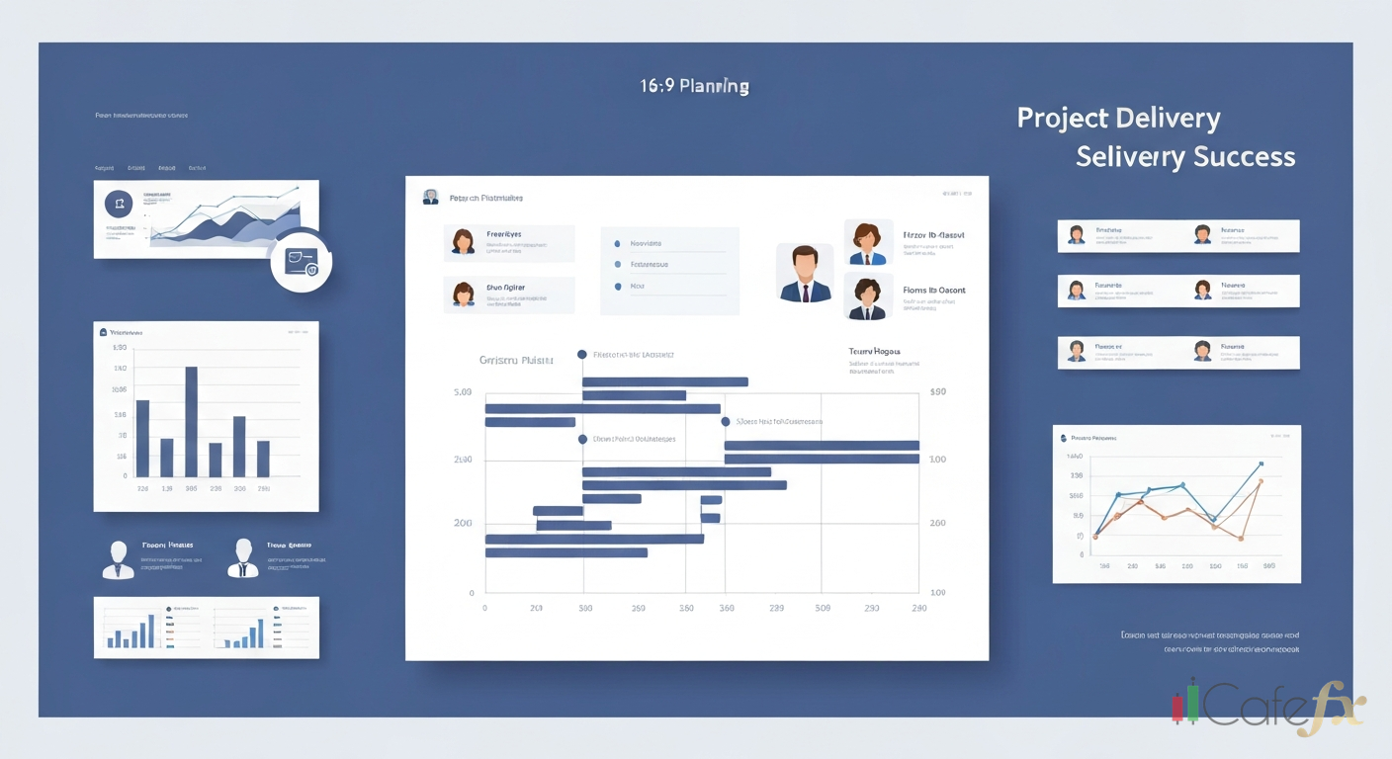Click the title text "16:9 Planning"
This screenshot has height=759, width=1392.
tap(695, 86)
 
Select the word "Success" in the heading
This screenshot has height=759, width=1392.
tap(1244, 156)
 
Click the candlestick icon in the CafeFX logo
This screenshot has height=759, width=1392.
tap(1185, 703)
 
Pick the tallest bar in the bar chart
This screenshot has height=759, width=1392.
tap(191, 422)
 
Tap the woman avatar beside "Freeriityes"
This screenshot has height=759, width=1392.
tap(463, 242)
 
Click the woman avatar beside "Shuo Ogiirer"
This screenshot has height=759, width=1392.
tap(463, 295)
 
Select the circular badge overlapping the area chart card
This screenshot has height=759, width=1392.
tap(301, 262)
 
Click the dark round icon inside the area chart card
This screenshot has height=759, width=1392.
tap(119, 205)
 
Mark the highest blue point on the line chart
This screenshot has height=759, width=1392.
tap(1261, 463)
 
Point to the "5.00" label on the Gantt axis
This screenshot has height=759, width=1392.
tap(463, 392)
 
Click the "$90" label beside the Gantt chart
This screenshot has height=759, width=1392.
tap(937, 392)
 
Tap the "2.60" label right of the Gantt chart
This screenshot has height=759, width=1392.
tap(937, 523)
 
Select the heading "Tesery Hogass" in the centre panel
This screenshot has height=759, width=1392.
tap(874, 351)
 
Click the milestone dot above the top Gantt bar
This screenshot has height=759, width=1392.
tap(582, 354)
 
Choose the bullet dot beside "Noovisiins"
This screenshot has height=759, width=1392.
tap(618, 243)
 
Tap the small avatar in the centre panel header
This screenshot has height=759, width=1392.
tap(430, 198)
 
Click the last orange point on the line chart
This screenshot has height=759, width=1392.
tap(1261, 481)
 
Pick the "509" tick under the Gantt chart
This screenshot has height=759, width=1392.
tap(823, 609)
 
